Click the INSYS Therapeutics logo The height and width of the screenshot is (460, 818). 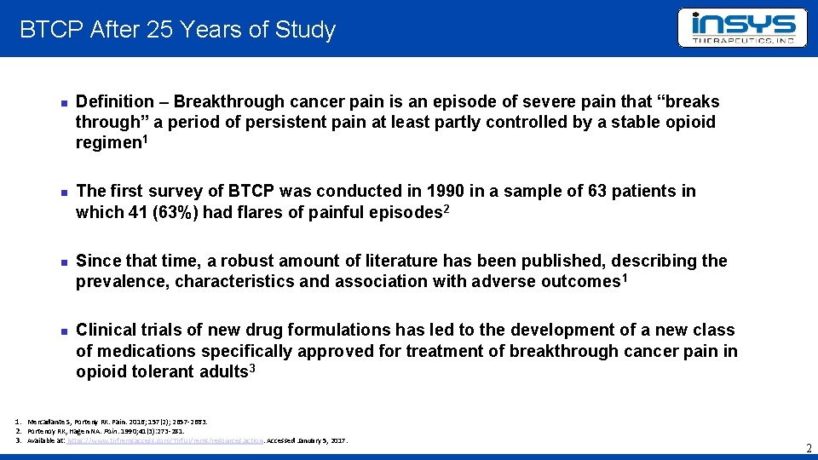coord(741,28)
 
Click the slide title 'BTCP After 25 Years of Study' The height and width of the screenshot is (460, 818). coord(177,30)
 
